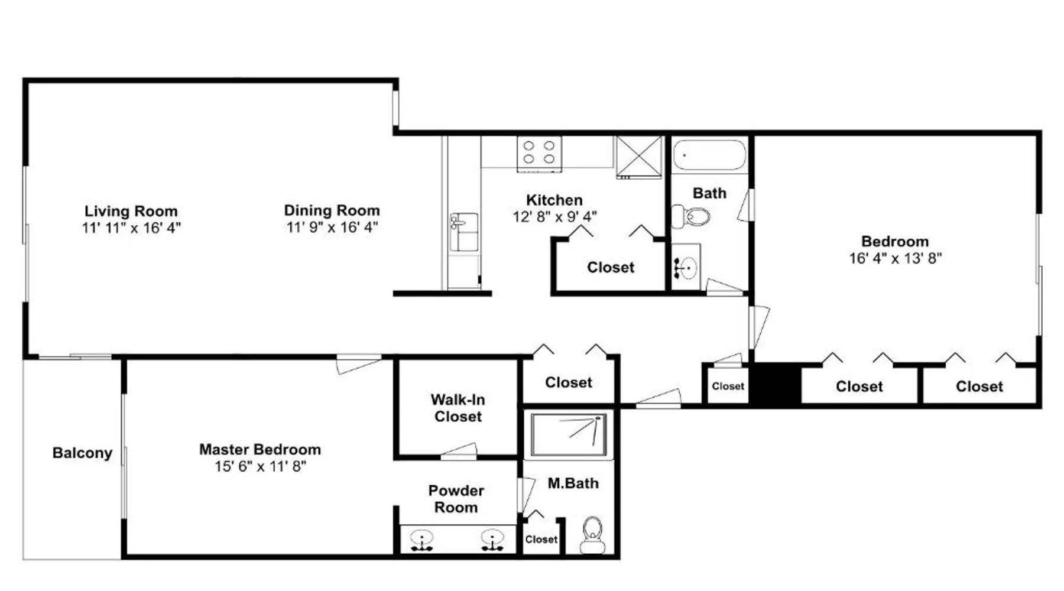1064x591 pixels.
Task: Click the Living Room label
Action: (131, 211)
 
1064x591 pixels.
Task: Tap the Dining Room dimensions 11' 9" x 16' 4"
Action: (332, 227)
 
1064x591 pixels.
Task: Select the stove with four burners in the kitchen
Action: (539, 154)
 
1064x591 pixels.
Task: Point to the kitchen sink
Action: (464, 232)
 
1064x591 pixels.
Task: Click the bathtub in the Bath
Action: (710, 155)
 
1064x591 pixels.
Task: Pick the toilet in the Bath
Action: (690, 216)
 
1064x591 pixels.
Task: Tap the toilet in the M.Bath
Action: (592, 535)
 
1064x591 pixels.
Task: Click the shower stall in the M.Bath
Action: (569, 435)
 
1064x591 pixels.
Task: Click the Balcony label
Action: (82, 453)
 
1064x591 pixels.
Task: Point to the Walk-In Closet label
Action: (458, 408)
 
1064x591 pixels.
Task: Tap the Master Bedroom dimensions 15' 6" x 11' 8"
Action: (260, 466)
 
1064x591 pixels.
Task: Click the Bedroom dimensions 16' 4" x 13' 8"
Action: (896, 258)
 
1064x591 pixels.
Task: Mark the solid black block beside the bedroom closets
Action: (776, 384)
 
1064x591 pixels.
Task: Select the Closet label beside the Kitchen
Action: (611, 267)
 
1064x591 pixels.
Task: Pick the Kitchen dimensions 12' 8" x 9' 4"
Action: (554, 217)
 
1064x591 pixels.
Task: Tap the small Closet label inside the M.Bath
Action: (541, 540)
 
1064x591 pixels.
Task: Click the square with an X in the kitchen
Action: (640, 157)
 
